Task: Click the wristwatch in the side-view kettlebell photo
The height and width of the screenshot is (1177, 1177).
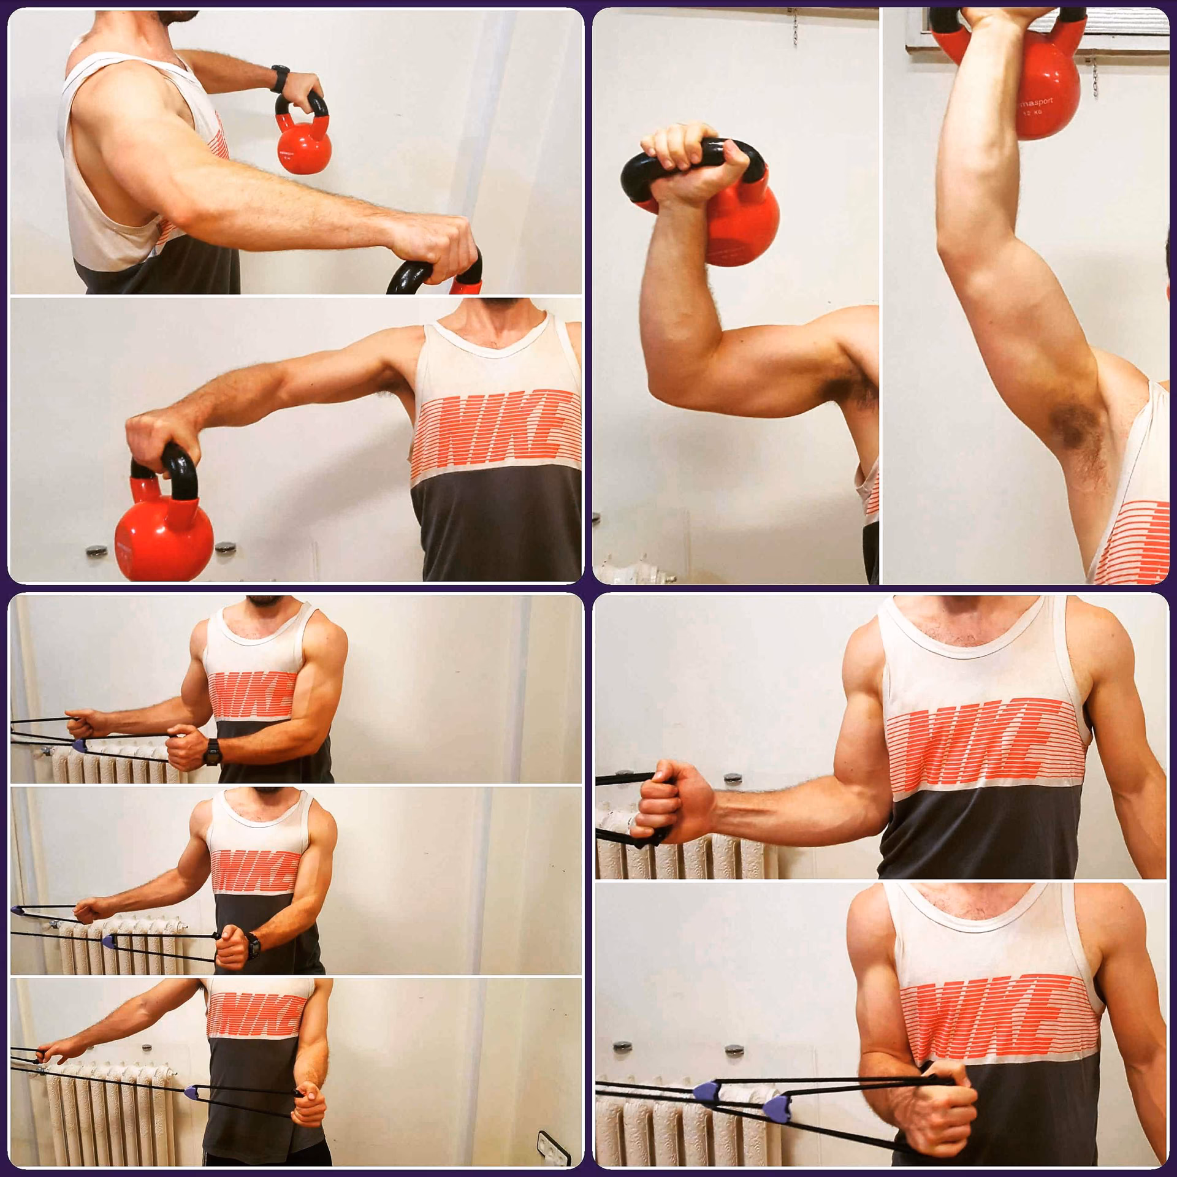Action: (280, 76)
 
